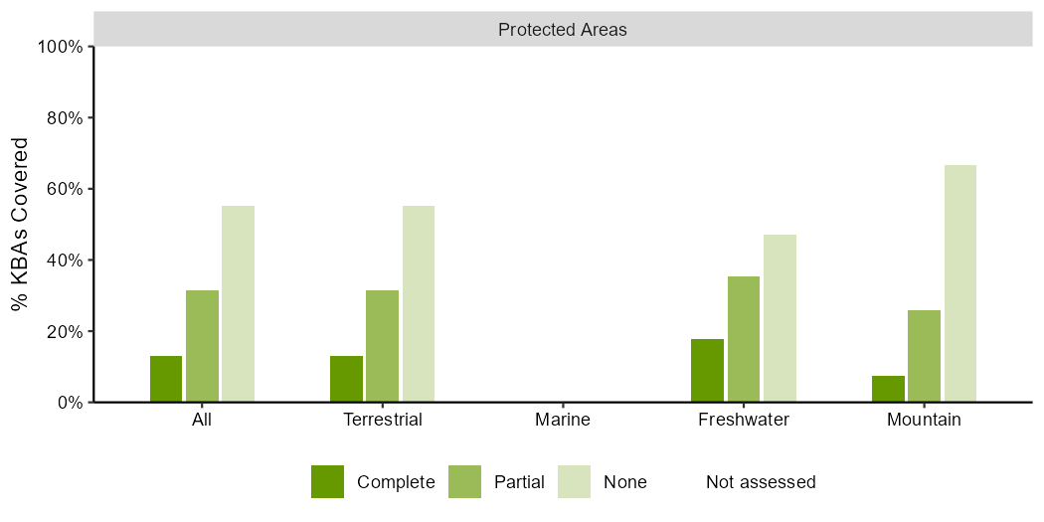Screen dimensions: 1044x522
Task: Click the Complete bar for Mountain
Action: pyautogui.click(x=888, y=389)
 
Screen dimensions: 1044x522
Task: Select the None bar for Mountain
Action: pyautogui.click(x=960, y=283)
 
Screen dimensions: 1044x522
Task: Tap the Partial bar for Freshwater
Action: pyautogui.click(x=744, y=339)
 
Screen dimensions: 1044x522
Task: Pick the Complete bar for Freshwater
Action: pyautogui.click(x=707, y=371)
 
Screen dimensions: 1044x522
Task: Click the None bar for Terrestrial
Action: pyautogui.click(x=419, y=304)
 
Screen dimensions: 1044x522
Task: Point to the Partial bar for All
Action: pyautogui.click(x=203, y=346)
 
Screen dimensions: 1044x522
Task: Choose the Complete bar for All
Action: pyautogui.click(x=166, y=379)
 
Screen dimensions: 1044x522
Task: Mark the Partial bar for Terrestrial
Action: pyautogui.click(x=382, y=346)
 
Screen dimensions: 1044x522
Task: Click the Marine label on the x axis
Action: pyautogui.click(x=563, y=421)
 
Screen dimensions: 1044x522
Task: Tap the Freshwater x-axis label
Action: pyautogui.click(x=744, y=421)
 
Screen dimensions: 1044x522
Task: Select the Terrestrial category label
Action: pyautogui.click(x=382, y=421)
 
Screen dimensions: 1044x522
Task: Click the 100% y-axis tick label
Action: pyautogui.click(x=62, y=47)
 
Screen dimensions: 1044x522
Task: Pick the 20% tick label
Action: pyautogui.click(x=66, y=331)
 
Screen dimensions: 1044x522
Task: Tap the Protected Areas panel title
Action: pyautogui.click(x=563, y=30)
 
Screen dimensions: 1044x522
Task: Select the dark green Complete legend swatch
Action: pyautogui.click(x=327, y=481)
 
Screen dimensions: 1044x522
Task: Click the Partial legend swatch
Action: pyautogui.click(x=464, y=481)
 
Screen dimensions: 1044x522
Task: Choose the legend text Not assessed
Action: pyautogui.click(x=761, y=481)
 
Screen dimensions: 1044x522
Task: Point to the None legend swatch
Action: pyautogui.click(x=574, y=481)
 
